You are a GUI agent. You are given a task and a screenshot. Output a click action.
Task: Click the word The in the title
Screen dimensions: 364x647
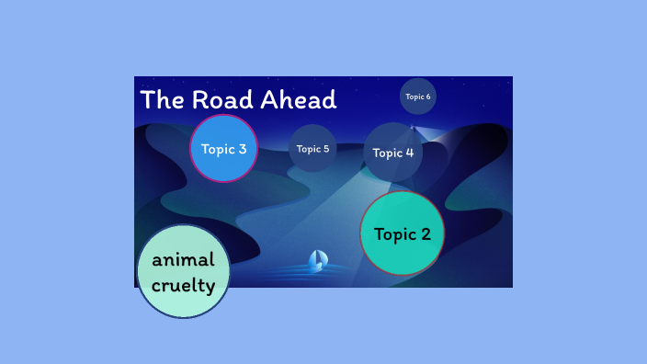tap(162, 100)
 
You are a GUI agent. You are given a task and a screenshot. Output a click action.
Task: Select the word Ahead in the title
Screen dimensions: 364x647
tap(301, 100)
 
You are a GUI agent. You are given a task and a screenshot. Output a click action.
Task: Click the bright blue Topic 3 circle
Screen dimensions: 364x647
tap(223, 149)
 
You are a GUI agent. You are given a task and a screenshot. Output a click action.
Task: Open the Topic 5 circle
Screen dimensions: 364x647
tap(312, 149)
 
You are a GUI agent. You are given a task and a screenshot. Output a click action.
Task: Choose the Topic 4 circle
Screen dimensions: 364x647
tap(393, 153)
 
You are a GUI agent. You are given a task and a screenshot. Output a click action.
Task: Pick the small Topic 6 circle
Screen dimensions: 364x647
tap(418, 97)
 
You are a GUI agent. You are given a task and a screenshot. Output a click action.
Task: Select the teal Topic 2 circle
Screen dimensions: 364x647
tap(402, 233)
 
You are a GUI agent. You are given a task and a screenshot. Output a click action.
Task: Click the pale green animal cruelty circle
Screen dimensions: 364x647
tap(183, 271)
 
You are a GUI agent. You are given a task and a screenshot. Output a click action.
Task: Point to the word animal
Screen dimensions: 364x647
tap(183, 259)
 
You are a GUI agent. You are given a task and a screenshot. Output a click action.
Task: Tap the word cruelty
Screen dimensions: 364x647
tap(184, 285)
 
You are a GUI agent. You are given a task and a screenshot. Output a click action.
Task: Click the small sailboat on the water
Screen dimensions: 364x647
tap(317, 261)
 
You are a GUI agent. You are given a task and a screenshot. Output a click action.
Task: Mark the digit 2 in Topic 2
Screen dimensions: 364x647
tap(425, 234)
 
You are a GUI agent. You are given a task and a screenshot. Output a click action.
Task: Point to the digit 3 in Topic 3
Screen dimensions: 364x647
tap(242, 149)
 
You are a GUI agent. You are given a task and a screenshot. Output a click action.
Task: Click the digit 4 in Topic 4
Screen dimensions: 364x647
tap(409, 153)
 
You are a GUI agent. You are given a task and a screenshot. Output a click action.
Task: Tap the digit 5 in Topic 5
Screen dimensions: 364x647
tap(325, 149)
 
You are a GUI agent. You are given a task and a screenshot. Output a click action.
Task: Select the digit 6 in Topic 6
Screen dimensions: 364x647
tap(428, 97)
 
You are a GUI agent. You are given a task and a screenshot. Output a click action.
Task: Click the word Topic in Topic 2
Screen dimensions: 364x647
tap(393, 234)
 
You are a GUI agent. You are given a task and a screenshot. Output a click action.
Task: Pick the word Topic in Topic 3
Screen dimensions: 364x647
tap(218, 149)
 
